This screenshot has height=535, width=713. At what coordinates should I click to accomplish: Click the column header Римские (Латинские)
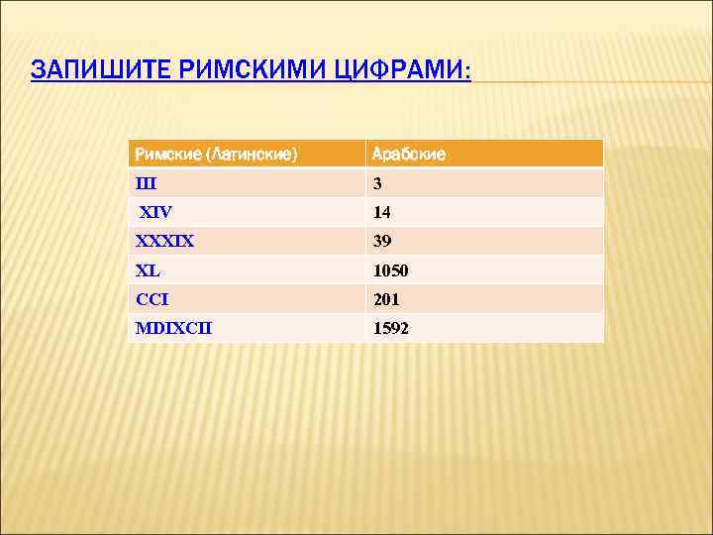click(216, 154)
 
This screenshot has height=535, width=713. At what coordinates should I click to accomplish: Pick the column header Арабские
click(408, 154)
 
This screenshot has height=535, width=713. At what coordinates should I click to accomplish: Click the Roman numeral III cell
click(146, 183)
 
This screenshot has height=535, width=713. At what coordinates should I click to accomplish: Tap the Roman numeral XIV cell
click(155, 212)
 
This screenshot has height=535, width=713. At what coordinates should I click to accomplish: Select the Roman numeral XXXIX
click(164, 241)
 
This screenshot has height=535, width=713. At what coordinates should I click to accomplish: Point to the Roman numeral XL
click(149, 270)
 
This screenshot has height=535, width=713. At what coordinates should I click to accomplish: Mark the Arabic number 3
click(377, 183)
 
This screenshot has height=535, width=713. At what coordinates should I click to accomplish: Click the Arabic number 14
click(381, 212)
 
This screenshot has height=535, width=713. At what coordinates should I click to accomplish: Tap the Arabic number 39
click(381, 241)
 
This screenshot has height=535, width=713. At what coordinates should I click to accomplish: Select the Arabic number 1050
click(390, 270)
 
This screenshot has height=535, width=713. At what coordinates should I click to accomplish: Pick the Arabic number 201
click(386, 299)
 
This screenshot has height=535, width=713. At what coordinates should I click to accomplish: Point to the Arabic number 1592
click(390, 328)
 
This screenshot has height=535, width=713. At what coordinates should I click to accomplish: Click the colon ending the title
click(468, 72)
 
